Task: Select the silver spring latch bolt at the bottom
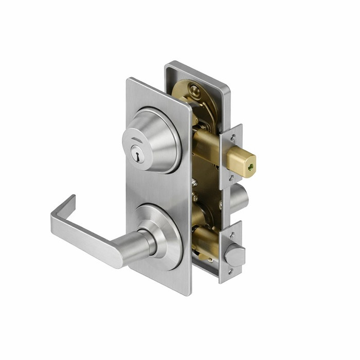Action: pyautogui.click(x=235, y=254)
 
